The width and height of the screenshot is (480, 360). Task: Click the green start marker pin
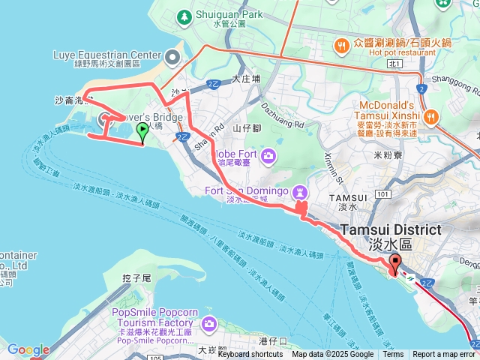pyautogui.click(x=142, y=133)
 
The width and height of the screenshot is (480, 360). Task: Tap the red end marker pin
pyautogui.click(x=394, y=265)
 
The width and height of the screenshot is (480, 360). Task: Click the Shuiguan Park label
pyautogui.click(x=229, y=14)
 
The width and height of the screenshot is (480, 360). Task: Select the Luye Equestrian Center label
pyautogui.click(x=107, y=55)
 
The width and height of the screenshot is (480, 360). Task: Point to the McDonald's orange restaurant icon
pyautogui.click(x=432, y=116)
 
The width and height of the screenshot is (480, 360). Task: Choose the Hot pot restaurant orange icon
pyautogui.click(x=342, y=45)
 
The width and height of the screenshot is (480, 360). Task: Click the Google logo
pyautogui.click(x=28, y=349)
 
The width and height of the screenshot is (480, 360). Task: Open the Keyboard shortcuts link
pyautogui.click(x=251, y=355)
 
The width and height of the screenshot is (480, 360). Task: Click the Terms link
pyautogui.click(x=393, y=355)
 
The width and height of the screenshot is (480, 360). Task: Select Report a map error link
pyautogui.click(x=443, y=355)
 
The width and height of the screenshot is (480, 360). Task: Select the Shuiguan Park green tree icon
pyautogui.click(x=183, y=16)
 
